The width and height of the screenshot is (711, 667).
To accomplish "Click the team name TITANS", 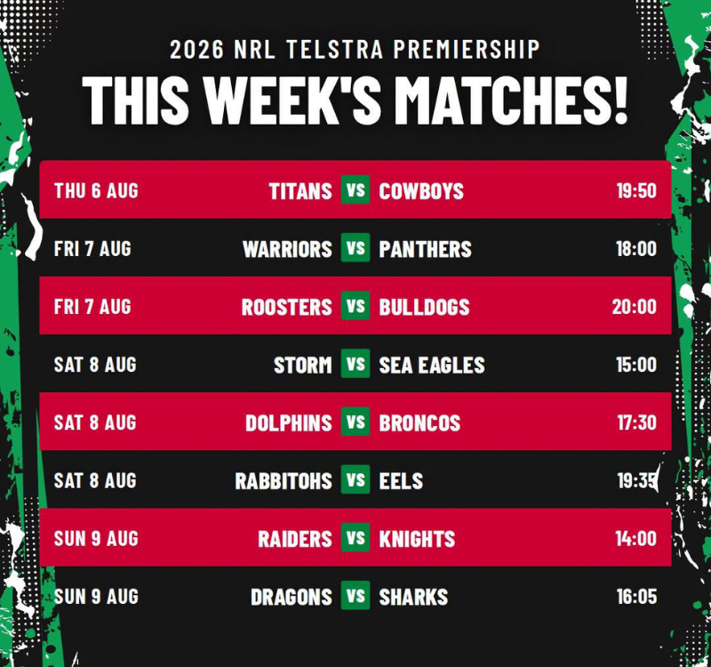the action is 300,191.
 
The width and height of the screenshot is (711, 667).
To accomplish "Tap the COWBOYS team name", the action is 421,191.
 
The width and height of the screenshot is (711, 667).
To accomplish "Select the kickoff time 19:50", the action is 636,190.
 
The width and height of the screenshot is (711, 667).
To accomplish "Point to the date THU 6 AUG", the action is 96,190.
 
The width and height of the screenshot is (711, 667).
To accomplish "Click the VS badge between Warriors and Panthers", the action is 355,248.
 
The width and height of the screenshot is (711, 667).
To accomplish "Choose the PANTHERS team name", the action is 426,249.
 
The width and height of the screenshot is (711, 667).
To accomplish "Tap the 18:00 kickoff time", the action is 636,249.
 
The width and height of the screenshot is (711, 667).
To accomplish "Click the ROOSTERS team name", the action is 287,307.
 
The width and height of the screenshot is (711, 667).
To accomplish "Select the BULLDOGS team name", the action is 425,307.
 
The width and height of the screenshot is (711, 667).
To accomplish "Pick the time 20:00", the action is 635,307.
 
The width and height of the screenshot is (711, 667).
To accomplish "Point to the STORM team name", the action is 303,366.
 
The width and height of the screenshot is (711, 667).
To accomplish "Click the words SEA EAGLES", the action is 432,366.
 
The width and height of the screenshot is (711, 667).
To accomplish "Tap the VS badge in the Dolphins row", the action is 355,422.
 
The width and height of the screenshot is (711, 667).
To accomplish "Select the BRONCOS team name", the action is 419,423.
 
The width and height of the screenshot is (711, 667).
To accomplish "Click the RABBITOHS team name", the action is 284,481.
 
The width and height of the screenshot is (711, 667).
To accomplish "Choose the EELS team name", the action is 401,481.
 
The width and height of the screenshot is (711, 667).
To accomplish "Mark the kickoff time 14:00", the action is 636,539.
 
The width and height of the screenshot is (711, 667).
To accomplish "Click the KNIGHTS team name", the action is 417,540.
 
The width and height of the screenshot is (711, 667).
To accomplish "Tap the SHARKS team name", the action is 413,598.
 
